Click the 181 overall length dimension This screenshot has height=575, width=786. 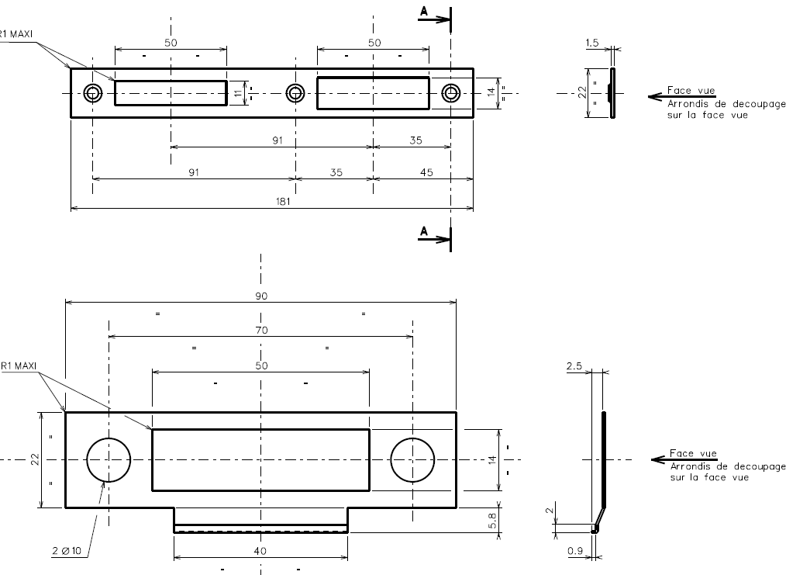click(271, 201)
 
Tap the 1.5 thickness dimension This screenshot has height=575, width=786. click(593, 43)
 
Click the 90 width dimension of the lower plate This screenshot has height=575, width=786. click(261, 296)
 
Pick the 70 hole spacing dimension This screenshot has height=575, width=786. click(261, 330)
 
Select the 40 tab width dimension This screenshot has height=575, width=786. click(260, 551)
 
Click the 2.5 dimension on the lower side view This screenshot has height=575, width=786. click(575, 365)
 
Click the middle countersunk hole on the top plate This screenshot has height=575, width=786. click(295, 93)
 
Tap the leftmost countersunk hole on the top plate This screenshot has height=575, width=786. click(93, 93)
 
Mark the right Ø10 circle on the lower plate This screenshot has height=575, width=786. click(413, 459)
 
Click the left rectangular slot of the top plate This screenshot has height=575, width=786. click(171, 93)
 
